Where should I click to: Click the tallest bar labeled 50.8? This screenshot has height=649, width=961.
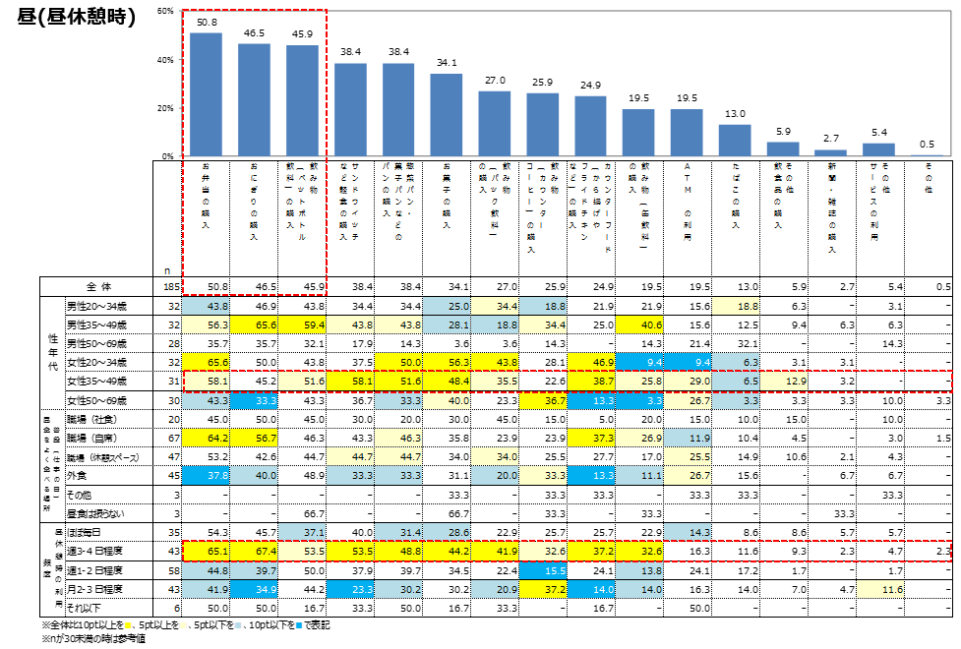point(206,94)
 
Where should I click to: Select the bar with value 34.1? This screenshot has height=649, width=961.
point(447,114)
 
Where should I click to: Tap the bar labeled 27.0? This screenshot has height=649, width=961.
point(495,123)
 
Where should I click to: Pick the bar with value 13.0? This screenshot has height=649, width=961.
point(735,140)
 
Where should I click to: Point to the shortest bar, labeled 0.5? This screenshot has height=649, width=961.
point(927,155)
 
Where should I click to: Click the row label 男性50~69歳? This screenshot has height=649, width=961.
point(95,343)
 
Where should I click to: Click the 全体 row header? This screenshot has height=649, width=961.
point(97,286)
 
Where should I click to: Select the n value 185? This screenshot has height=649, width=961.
point(171,286)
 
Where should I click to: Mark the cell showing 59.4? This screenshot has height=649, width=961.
point(302,325)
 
